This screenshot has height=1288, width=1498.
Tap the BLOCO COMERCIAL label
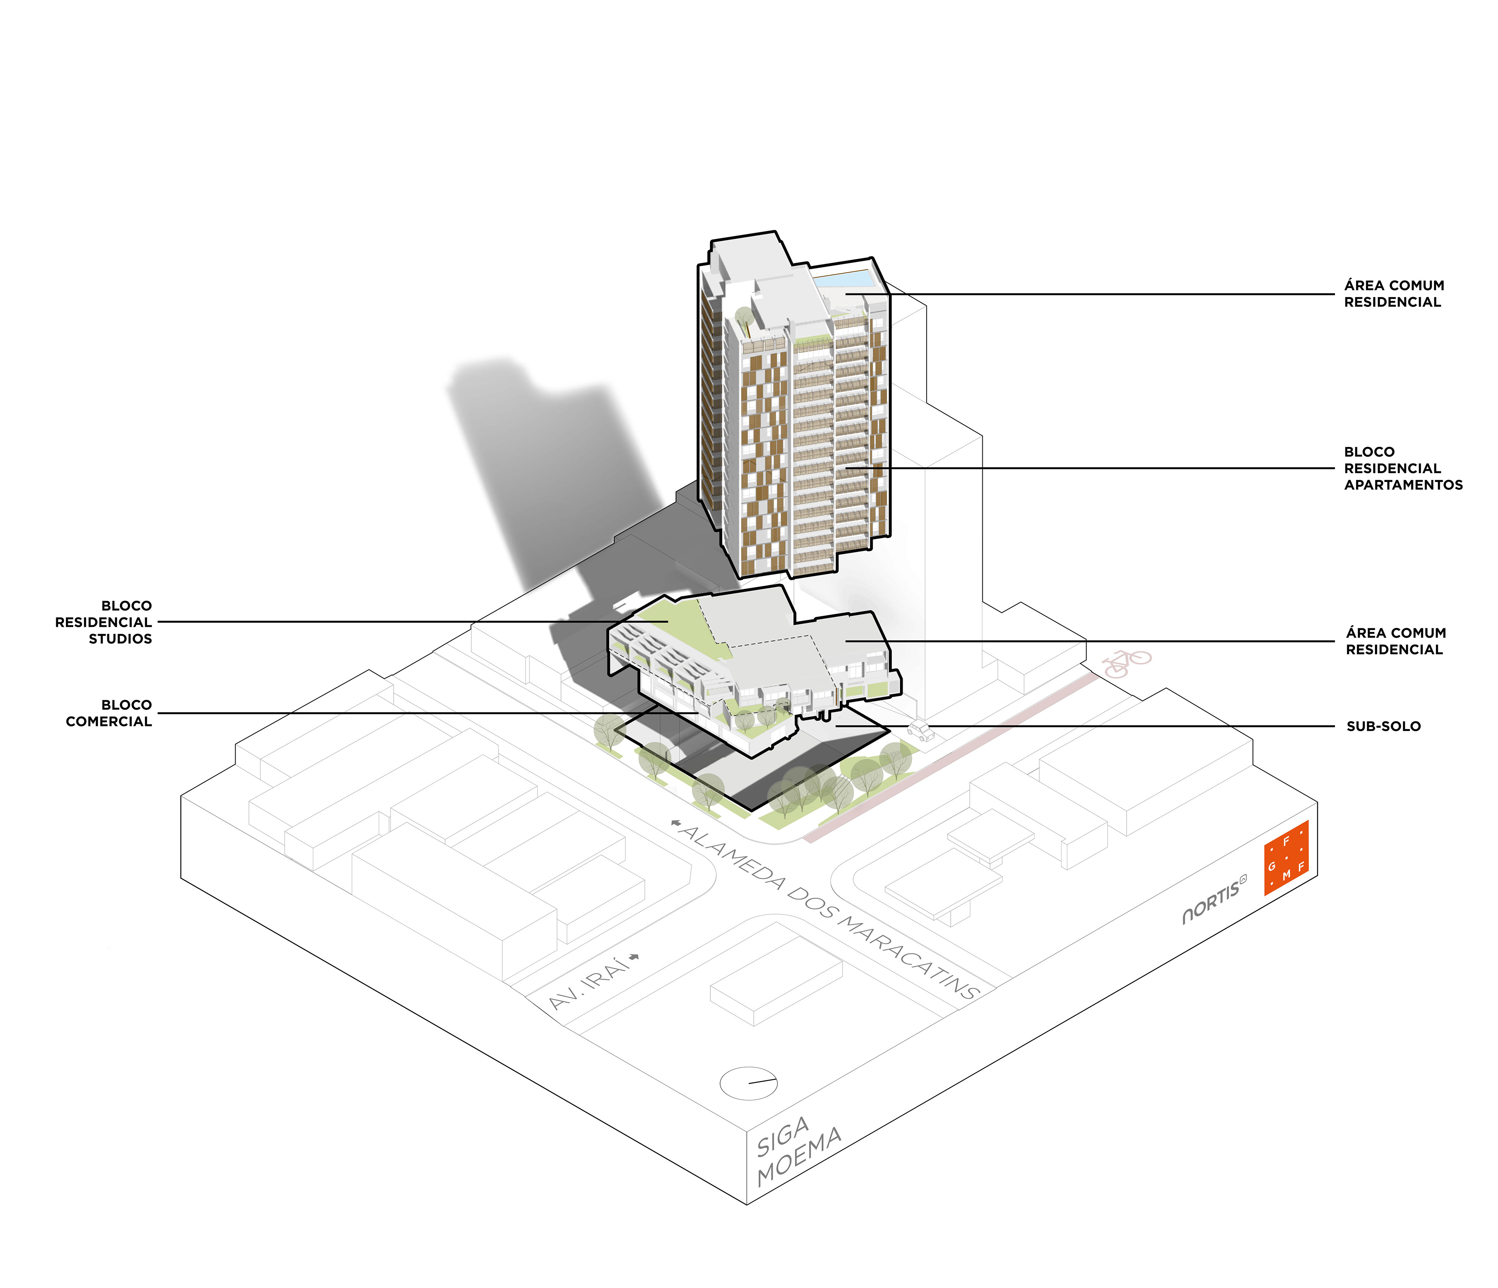tap(108, 713)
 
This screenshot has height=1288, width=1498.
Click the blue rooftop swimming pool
tap(846, 279)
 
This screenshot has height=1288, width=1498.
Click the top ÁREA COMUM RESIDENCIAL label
tap(1393, 294)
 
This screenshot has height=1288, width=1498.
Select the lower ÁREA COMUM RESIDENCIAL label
tap(1395, 641)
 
